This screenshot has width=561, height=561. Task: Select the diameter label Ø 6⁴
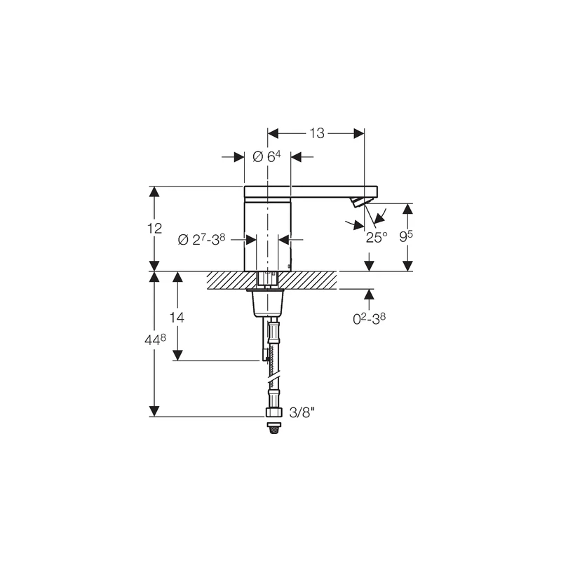click(x=266, y=156)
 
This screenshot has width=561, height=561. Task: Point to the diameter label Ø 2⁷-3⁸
click(x=201, y=239)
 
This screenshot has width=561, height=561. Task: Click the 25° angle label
click(x=376, y=237)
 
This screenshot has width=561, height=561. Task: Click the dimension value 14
click(x=177, y=317)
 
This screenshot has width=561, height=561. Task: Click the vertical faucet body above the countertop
click(x=266, y=235)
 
